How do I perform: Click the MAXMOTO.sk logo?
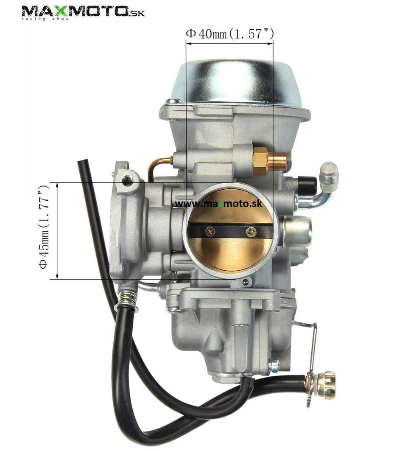tap(83, 13)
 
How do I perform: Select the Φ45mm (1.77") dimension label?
tap(44, 227)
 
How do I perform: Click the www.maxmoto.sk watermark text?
tap(218, 204)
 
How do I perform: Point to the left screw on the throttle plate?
tap(210, 231)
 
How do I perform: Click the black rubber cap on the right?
tap(308, 182)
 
